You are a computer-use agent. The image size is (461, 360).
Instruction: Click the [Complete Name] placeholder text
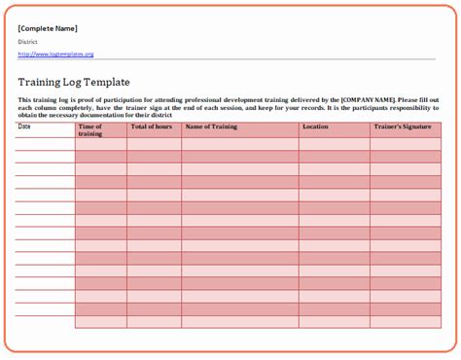pos(48,28)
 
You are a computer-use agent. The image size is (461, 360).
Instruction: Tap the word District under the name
pos(27,42)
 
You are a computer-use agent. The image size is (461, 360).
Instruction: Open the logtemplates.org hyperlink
pos(55,54)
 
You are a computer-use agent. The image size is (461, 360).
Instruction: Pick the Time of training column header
pos(90,129)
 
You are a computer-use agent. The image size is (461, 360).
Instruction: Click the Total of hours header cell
pos(152,126)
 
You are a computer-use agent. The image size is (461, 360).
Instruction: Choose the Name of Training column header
pos(211,126)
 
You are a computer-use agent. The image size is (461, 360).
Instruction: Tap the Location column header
pos(315,126)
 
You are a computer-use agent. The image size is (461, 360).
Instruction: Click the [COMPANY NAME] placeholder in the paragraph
pos(369,100)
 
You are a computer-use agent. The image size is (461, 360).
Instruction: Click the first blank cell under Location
pos(334,144)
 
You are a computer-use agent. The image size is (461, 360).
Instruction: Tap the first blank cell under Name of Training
pos(239,144)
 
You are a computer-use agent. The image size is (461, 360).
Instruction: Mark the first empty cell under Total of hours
pos(154,144)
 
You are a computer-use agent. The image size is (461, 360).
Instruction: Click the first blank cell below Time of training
pos(100,144)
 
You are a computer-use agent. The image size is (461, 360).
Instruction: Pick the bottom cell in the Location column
pos(334,322)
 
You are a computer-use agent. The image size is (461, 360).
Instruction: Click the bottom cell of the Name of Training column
pos(239,322)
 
